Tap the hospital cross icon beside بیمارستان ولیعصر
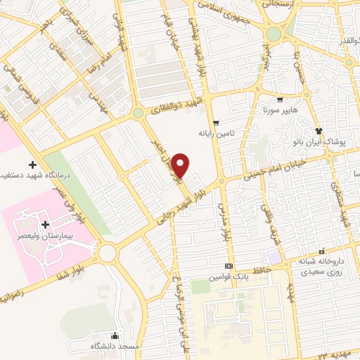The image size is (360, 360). [x=46, y=225]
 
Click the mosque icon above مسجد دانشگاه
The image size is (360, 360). [x=115, y=335]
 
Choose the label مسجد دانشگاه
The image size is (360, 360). [x=115, y=346]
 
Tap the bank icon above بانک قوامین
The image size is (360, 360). [x=228, y=266]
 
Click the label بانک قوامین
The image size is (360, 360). [x=228, y=277]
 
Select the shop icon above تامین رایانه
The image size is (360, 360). [x=216, y=122]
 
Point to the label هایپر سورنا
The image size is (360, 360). [x=279, y=110]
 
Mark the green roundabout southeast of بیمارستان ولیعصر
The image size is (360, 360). [x=108, y=252]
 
